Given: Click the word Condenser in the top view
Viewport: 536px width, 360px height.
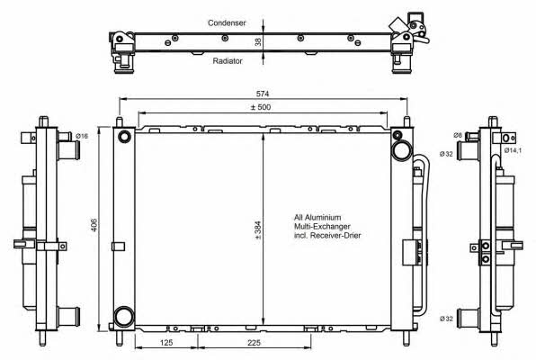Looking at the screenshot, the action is [x=227, y=22].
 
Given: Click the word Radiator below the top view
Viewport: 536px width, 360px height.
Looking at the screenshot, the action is [x=228, y=61].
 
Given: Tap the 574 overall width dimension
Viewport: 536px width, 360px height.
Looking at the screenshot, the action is [x=263, y=94].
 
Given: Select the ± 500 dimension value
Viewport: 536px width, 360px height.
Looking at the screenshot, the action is [x=261, y=107].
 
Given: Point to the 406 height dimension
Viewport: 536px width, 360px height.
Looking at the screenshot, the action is [x=94, y=224].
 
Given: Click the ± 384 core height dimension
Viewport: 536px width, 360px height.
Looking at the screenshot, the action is [x=258, y=229].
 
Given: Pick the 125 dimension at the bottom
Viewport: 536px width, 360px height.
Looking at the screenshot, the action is [x=166, y=342].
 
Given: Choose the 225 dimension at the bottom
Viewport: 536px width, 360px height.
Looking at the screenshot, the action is [x=254, y=342].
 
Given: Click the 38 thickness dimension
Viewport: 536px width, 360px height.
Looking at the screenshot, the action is [x=258, y=41].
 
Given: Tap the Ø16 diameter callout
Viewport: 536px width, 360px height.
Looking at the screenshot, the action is [x=82, y=136].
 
